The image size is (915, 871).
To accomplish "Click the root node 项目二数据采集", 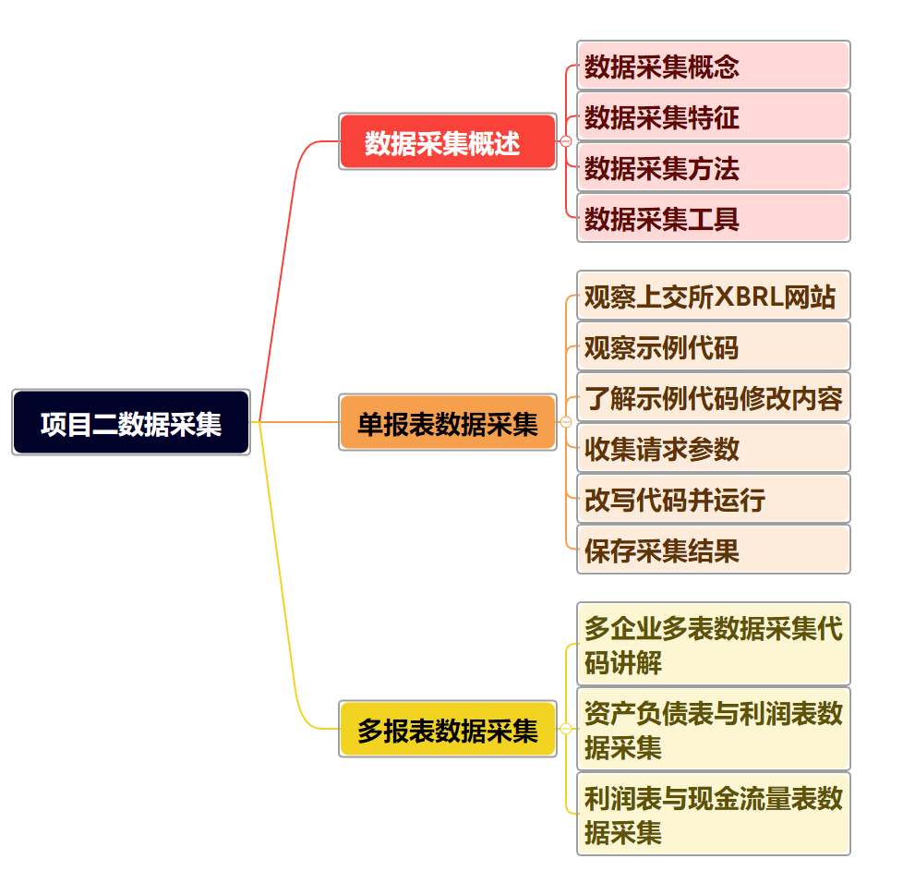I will pyautogui.click(x=131, y=422).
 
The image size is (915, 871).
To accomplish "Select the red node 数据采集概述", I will pyautogui.click(x=448, y=141).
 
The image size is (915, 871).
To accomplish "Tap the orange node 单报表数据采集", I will pyautogui.click(x=448, y=422).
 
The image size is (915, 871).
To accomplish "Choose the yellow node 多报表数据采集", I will pyautogui.click(x=448, y=729).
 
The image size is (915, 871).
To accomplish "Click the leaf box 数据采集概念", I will pyautogui.click(x=713, y=66).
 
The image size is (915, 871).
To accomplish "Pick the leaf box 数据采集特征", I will pyautogui.click(x=713, y=116).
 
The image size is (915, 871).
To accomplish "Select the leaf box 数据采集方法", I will pyautogui.click(x=713, y=167).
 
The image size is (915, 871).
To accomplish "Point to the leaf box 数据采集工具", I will pyautogui.click(x=713, y=218).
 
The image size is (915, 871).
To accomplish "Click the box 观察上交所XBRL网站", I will pyautogui.click(x=713, y=296).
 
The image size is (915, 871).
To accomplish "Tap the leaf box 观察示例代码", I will pyautogui.click(x=713, y=346).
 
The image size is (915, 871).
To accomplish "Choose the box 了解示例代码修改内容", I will pyautogui.click(x=713, y=397).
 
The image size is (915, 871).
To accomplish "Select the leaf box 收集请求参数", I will pyautogui.click(x=713, y=448).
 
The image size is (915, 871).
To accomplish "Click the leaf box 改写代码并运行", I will pyautogui.click(x=713, y=499).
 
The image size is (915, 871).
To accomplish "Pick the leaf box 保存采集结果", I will pyautogui.click(x=713, y=550).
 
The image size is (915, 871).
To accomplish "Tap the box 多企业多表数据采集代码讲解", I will pyautogui.click(x=713, y=644).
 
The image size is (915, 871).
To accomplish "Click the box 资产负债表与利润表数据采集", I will pyautogui.click(x=713, y=729).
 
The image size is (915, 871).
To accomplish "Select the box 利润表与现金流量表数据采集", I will pyautogui.click(x=713, y=814).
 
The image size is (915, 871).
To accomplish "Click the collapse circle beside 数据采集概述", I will pyautogui.click(x=566, y=141).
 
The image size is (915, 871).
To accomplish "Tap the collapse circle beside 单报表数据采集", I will pyautogui.click(x=566, y=422).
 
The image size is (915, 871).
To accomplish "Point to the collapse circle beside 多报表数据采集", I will pyautogui.click(x=566, y=729).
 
